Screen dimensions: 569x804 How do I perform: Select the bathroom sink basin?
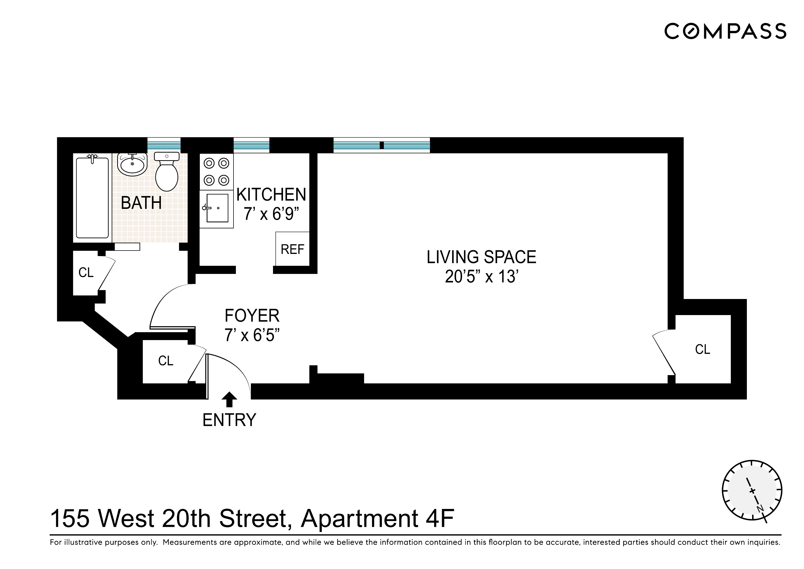coord(132,165)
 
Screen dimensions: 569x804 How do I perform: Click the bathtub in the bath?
coord(92,198)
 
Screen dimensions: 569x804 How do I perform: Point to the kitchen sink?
coord(217,208)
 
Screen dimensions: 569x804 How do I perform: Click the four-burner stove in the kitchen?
coord(216,172)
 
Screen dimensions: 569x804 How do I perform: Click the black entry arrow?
coord(229,399)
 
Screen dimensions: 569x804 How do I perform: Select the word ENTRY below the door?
coord(229,420)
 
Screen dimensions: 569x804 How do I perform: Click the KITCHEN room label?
coord(271,194)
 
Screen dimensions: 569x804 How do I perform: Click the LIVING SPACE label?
coord(481,257)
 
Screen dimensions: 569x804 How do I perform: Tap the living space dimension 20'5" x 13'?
coord(481,277)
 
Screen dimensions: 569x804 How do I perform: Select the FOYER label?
coord(252,316)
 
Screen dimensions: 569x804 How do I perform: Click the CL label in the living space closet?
coord(702,349)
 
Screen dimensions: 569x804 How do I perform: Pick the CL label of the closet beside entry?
coord(166,361)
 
